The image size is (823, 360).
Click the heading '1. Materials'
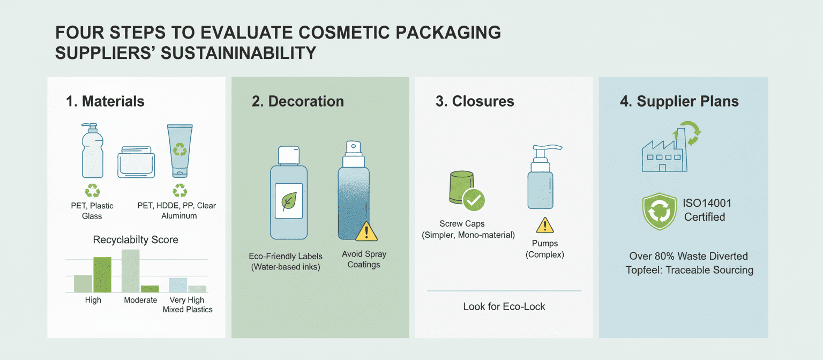(x=105, y=101)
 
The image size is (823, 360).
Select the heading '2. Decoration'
(x=297, y=101)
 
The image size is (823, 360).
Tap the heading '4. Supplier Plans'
(x=679, y=101)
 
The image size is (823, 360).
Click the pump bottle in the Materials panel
(x=92, y=151)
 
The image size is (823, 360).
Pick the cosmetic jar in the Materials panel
(x=136, y=162)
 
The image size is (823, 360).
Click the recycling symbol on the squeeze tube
(x=179, y=149)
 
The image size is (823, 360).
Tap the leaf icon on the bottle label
(x=288, y=201)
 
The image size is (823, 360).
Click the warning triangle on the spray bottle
(x=366, y=231)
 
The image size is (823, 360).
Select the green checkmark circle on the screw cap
(x=474, y=200)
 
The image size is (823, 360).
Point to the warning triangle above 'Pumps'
(x=545, y=226)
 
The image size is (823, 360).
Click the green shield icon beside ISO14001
(x=660, y=211)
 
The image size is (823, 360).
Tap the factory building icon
(x=664, y=151)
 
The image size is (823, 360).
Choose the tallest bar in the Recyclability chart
(x=130, y=271)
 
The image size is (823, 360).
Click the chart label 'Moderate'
(x=140, y=300)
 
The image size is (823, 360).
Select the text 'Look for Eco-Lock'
(x=504, y=307)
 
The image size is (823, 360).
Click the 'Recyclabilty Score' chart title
(x=136, y=240)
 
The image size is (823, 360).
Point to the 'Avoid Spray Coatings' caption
(x=364, y=259)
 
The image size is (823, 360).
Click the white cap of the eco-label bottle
(x=289, y=155)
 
